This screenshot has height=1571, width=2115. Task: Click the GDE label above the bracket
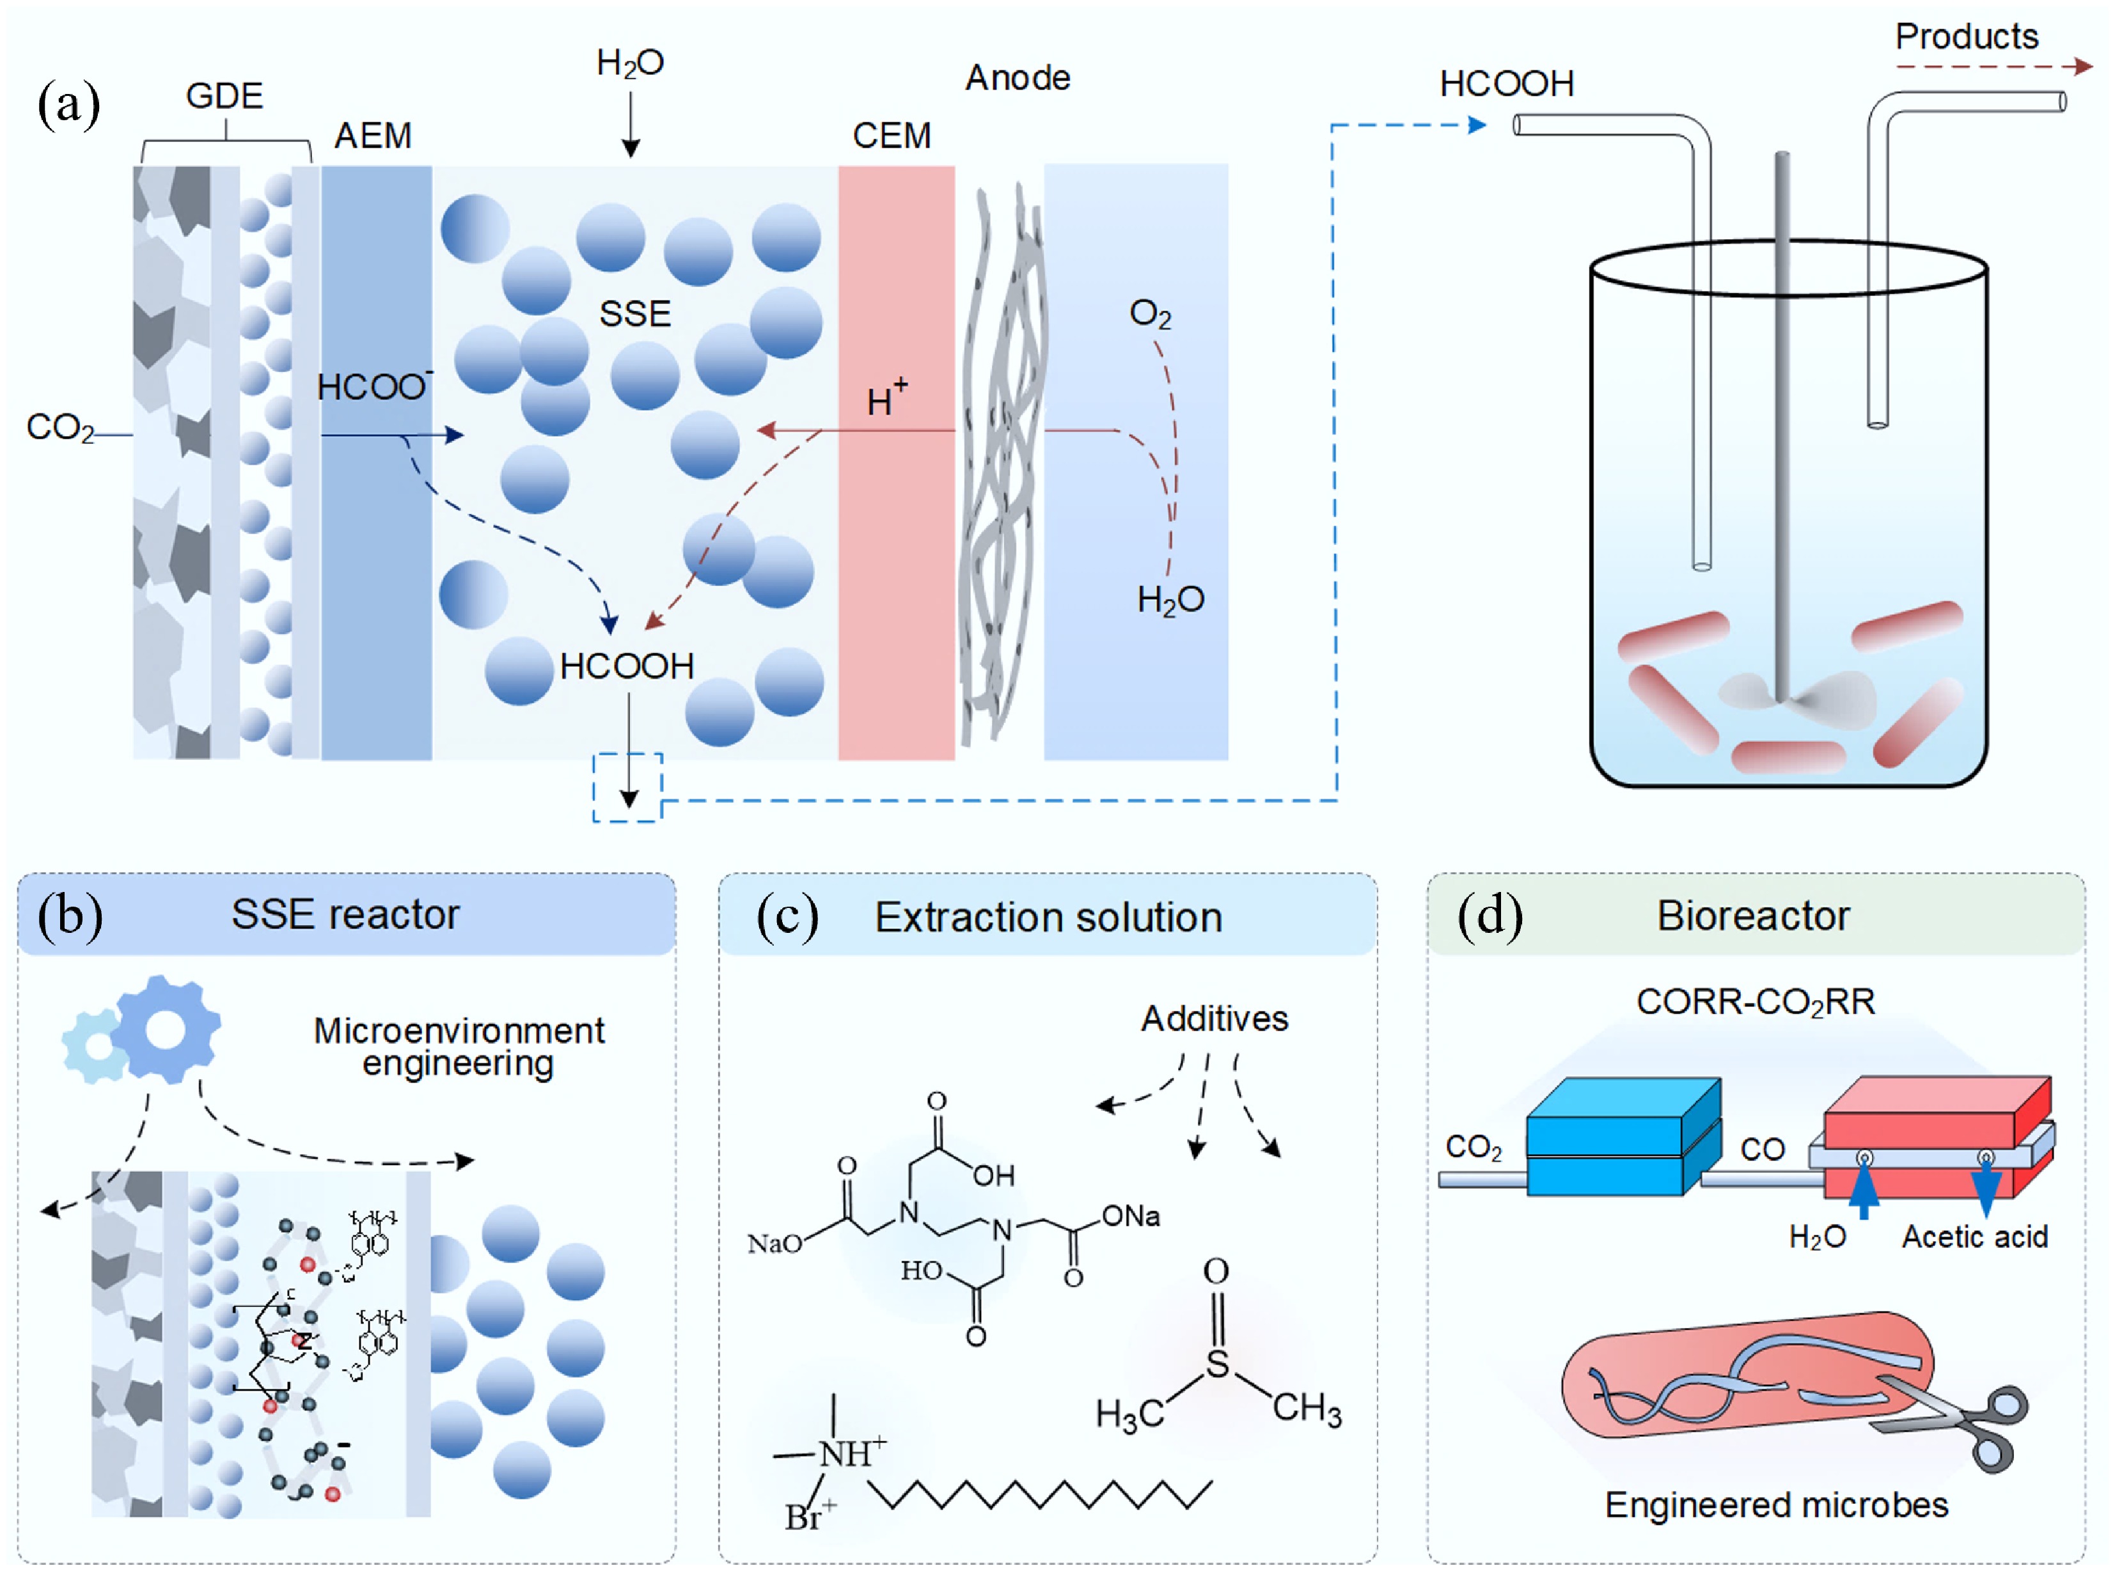(224, 96)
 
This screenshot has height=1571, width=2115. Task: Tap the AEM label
(373, 136)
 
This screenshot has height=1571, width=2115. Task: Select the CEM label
(891, 136)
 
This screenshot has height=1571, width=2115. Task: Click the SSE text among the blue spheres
(634, 314)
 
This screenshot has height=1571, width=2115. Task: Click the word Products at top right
(1966, 37)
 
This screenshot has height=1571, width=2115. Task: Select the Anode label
(1018, 78)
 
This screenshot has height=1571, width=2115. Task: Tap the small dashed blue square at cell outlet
(627, 787)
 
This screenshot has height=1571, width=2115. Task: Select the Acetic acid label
(1974, 1237)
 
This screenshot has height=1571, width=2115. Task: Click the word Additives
(1215, 1019)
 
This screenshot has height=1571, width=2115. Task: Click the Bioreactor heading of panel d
(1752, 916)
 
